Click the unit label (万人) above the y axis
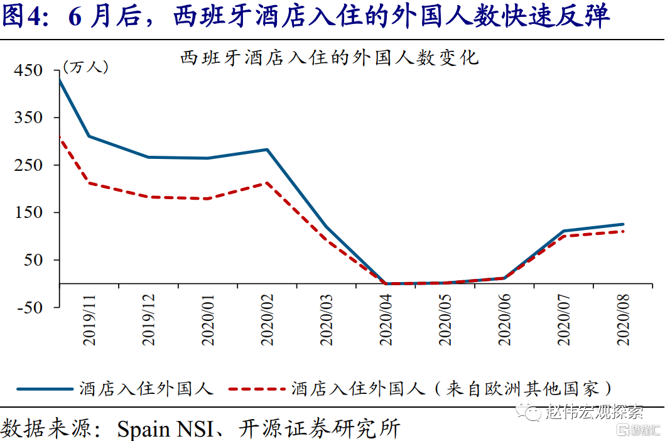point(85,67)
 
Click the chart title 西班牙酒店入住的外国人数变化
point(330,58)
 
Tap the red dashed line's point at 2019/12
point(149,197)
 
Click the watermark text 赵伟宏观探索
point(594,413)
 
